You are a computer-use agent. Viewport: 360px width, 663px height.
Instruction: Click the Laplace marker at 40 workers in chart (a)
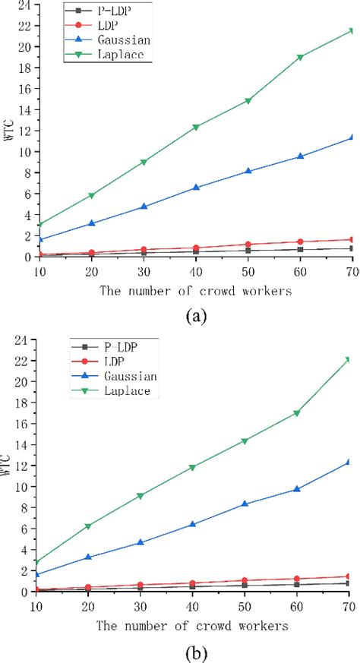(196, 127)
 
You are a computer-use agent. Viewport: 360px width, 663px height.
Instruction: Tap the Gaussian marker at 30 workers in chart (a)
(144, 207)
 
